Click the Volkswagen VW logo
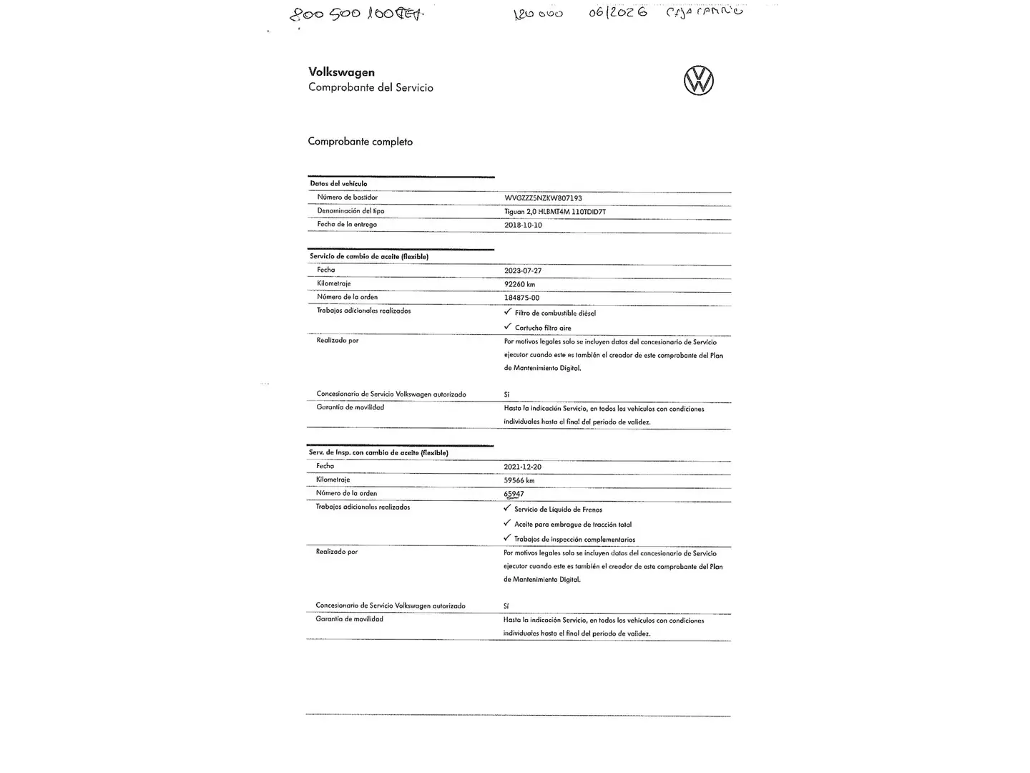pos(698,80)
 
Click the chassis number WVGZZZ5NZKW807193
pos(543,198)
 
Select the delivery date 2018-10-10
pos(523,225)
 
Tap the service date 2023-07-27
pos(523,271)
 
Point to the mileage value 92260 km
pos(519,284)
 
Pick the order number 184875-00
pos(521,298)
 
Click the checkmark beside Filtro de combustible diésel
pos(508,312)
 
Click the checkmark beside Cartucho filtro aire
pos(508,327)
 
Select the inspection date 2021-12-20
pos(522,467)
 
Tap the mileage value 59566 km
pos(519,480)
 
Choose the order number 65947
pos(514,494)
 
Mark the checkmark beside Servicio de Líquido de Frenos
pos(507,509)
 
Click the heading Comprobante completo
pos(360,142)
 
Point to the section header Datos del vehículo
pos(338,184)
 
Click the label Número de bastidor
pos(347,197)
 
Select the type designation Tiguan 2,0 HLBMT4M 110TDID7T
pos(554,212)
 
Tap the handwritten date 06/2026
pos(618,12)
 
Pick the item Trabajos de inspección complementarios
pos(574,540)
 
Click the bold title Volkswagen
pos(341,72)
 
